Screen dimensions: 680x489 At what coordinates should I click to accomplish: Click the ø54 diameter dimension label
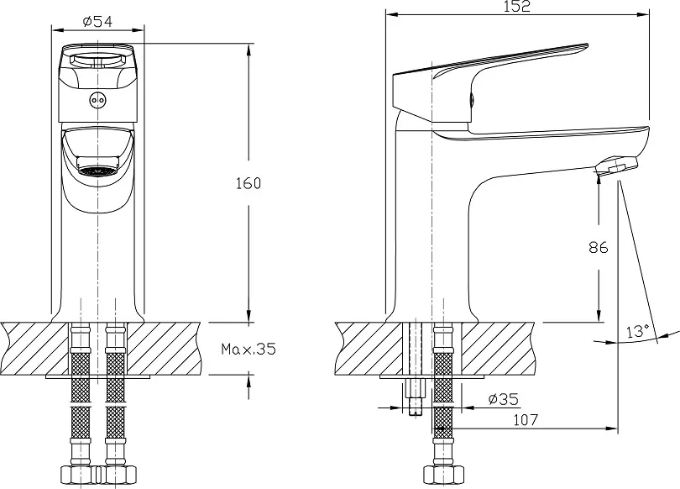pos(97,21)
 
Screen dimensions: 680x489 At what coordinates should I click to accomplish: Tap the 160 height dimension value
pos(248,183)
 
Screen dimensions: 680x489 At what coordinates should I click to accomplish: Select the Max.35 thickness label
pos(248,349)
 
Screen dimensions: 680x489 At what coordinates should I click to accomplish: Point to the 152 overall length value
pos(517,6)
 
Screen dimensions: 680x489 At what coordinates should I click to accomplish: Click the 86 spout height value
pos(599,247)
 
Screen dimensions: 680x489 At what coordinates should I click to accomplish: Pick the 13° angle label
pos(637,331)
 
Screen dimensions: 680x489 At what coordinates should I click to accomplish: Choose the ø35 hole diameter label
pos(503,399)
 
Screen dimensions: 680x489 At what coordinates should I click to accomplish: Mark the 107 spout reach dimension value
pos(526,419)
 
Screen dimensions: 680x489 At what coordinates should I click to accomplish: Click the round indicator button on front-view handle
pos(97,100)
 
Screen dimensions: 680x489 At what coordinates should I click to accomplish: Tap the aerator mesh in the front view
pos(97,171)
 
